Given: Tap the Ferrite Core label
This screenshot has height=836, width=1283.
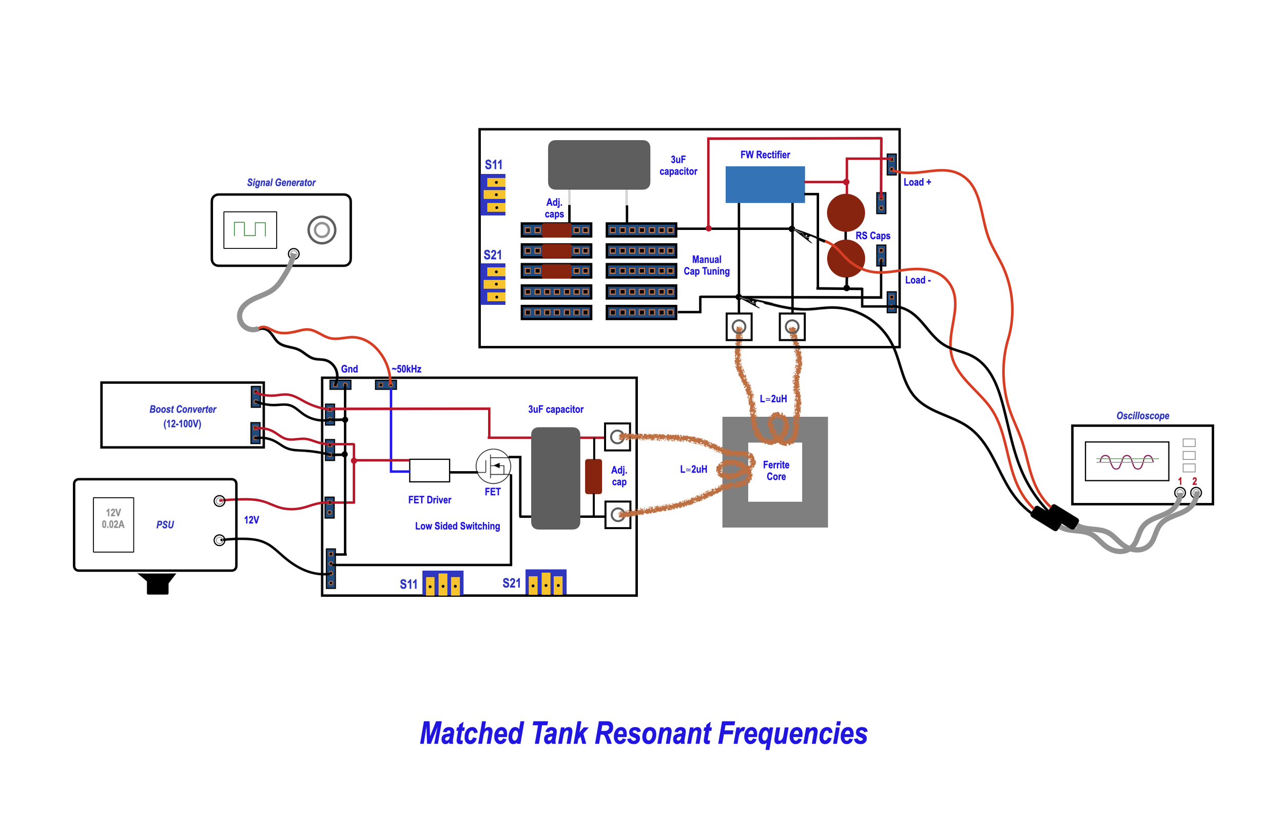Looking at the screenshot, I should tap(776, 471).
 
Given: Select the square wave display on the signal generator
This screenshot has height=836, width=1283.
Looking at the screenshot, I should tap(250, 230).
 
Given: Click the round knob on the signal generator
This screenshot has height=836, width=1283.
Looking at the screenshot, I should tap(322, 230).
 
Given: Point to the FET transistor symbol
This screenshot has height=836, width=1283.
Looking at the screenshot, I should tap(493, 466).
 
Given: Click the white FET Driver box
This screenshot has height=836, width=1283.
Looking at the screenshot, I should tap(429, 471).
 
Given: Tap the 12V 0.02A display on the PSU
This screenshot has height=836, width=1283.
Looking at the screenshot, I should tap(113, 524).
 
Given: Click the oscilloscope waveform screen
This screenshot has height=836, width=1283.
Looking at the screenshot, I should tap(1126, 461).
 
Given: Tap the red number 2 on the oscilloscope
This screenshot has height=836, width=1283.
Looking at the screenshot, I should tap(1195, 481).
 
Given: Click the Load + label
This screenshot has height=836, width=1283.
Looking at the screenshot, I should tap(917, 182).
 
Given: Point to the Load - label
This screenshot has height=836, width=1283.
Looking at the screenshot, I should tap(918, 280).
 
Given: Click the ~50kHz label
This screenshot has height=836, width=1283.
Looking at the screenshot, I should tap(406, 369).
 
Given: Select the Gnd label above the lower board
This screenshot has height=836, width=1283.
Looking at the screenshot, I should tap(349, 369).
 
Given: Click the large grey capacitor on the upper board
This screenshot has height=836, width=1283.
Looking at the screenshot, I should tap(598, 165).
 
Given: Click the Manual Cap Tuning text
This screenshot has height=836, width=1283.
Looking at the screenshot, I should tap(706, 265).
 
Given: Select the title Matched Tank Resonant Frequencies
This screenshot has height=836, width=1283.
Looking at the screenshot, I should tap(644, 733).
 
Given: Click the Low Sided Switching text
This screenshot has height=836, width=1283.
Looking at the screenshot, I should tap(457, 526).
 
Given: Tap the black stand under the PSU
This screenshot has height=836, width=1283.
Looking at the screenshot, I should tap(157, 583).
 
